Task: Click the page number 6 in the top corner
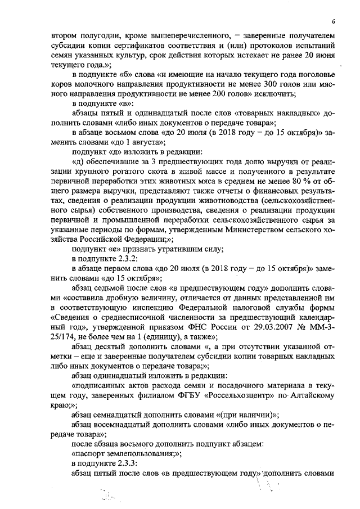[x=334, y=22]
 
